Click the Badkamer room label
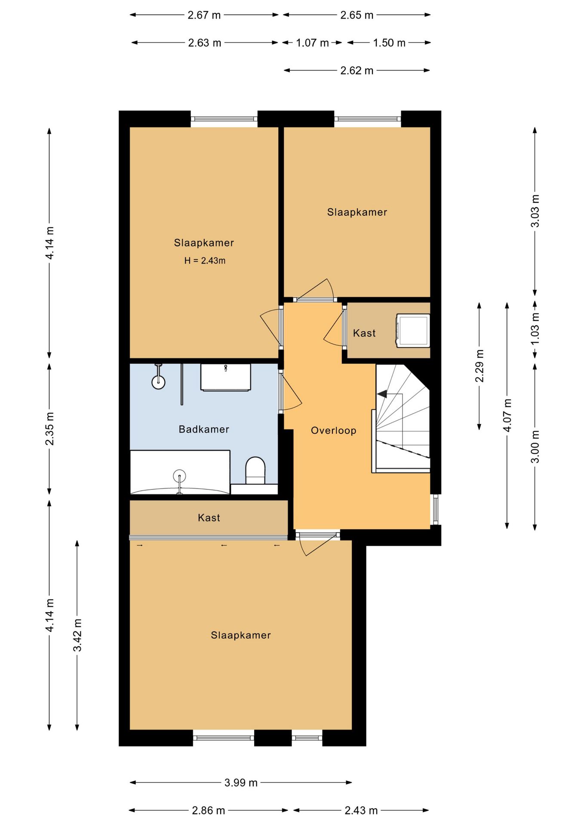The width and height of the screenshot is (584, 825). coord(204,429)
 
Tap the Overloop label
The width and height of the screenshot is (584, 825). coord(334,431)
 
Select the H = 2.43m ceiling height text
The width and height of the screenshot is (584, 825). coord(205,260)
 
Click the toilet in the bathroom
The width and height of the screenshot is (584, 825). coord(255,470)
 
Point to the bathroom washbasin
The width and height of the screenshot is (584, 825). coord(225,377)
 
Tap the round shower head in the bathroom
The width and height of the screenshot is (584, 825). coord(159,382)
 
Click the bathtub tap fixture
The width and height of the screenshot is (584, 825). coord(179,481)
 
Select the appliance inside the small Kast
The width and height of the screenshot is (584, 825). coord(413,330)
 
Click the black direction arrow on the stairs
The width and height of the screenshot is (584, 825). coord(382,394)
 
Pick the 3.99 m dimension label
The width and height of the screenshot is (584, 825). coord(241,782)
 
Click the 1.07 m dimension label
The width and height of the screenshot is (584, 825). coord(312,43)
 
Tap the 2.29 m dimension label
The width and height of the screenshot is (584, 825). coord(479,366)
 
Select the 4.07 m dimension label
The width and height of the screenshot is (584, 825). coord(507,415)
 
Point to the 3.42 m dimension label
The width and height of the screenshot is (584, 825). coord(77,635)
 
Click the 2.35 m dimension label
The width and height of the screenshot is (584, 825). coord(50,428)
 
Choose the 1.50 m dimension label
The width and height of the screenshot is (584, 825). coord(389,43)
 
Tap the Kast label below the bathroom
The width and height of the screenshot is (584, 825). coord(209,518)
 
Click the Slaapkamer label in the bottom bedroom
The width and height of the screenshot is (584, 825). coord(241,635)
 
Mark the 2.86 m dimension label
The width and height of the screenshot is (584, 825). coord(209,810)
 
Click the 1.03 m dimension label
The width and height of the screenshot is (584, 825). coord(535,329)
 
